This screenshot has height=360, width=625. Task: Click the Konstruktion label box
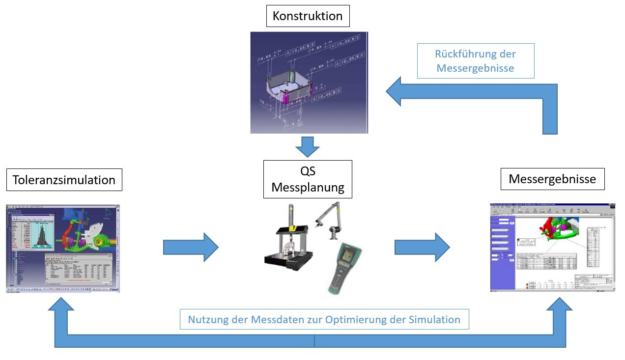point(308,16)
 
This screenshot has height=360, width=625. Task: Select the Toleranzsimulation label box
point(64,180)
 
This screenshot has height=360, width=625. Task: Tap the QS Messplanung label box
point(308,179)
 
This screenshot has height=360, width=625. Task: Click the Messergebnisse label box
point(552,179)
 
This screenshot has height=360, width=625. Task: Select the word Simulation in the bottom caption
point(434,320)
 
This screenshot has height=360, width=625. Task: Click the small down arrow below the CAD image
point(308,146)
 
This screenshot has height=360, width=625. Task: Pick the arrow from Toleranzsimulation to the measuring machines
point(190,247)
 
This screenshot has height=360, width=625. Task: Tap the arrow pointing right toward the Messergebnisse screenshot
point(422,247)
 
